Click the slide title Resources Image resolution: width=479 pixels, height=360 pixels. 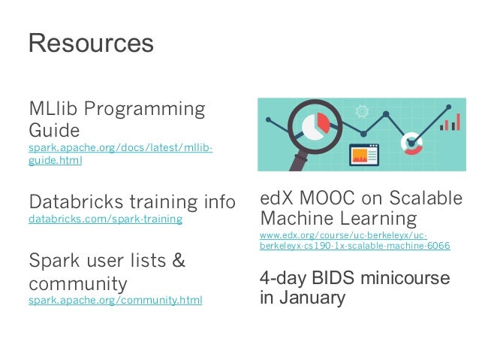[90, 43]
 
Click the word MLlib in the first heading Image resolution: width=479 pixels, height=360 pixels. [53, 110]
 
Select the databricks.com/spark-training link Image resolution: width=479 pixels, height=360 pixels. [105, 219]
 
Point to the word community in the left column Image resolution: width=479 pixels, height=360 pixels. [77, 284]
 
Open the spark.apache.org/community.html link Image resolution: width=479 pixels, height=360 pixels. [115, 301]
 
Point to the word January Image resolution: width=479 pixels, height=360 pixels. [309, 298]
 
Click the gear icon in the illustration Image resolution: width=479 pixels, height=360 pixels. [362, 110]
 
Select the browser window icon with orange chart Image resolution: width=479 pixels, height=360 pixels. [363, 155]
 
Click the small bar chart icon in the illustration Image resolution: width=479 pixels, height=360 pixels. [450, 122]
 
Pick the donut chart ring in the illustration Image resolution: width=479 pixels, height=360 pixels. [411, 141]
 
